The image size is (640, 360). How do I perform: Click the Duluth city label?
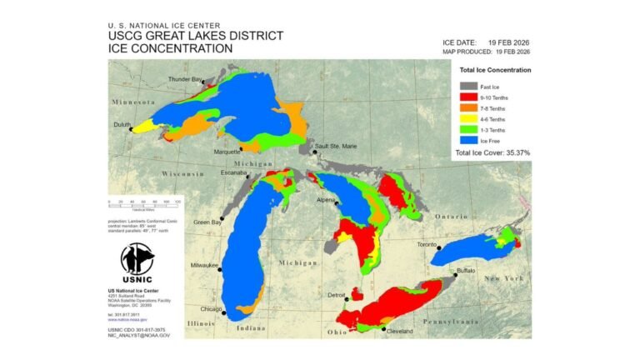tap(123, 125)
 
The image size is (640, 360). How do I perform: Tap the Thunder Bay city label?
tap(184, 79)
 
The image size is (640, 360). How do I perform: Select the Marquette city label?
tap(227, 152)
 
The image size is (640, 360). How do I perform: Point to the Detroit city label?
tap(337, 295)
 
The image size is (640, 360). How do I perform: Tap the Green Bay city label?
tap(207, 222)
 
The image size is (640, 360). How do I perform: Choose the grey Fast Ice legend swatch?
tap(467, 85)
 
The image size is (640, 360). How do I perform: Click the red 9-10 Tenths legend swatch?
tap(467, 97)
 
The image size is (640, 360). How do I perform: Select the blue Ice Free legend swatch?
tap(467, 141)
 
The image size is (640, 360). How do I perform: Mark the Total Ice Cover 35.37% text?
tap(492, 152)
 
